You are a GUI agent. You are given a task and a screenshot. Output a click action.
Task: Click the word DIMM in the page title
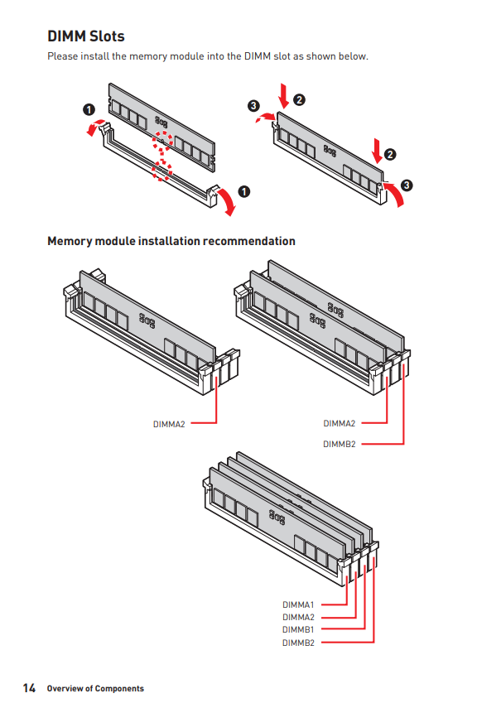[x=66, y=36]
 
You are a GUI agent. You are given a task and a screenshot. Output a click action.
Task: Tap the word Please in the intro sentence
[x=62, y=56]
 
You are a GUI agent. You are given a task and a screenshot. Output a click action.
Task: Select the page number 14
[x=29, y=688]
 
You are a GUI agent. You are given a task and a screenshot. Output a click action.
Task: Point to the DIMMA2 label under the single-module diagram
[x=169, y=423]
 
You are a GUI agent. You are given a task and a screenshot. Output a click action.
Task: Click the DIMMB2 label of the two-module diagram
[x=339, y=444]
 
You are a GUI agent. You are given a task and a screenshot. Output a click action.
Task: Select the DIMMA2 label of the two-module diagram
[x=339, y=423]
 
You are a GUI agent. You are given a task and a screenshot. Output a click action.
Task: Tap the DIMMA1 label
[x=298, y=605]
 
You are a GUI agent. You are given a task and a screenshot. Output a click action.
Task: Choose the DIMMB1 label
[x=298, y=629]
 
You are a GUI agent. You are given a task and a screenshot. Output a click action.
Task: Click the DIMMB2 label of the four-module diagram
[x=298, y=643]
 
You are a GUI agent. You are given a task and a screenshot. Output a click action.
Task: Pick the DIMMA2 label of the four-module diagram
[x=298, y=617]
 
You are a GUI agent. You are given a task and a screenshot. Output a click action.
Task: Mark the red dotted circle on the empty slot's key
[x=161, y=171]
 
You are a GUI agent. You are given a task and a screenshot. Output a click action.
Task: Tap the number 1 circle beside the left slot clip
[x=89, y=109]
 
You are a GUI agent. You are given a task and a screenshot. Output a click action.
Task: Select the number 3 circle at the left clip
[x=253, y=105]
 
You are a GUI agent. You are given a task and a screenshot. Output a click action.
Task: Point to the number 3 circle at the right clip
[x=407, y=184]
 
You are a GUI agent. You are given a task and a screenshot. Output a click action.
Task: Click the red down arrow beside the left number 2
[x=284, y=95]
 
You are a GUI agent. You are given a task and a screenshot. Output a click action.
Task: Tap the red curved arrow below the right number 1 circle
[x=227, y=204]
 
